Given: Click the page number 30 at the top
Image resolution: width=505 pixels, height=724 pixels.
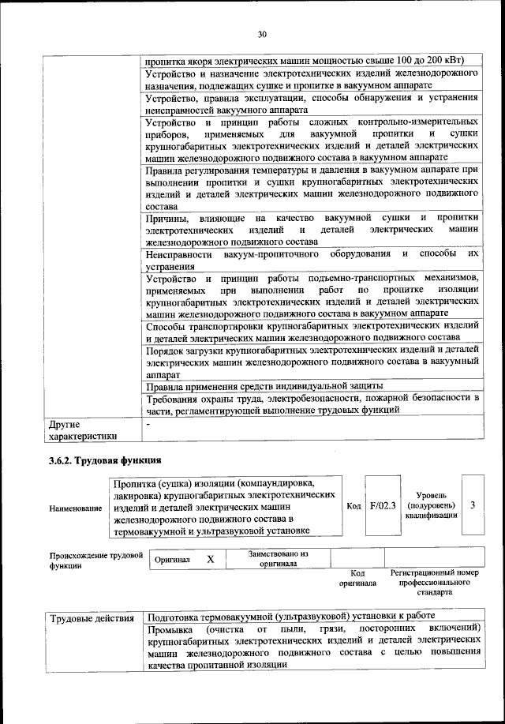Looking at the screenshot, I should tap(262, 33).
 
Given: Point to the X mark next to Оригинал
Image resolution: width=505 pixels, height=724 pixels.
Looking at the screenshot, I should tap(210, 559).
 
